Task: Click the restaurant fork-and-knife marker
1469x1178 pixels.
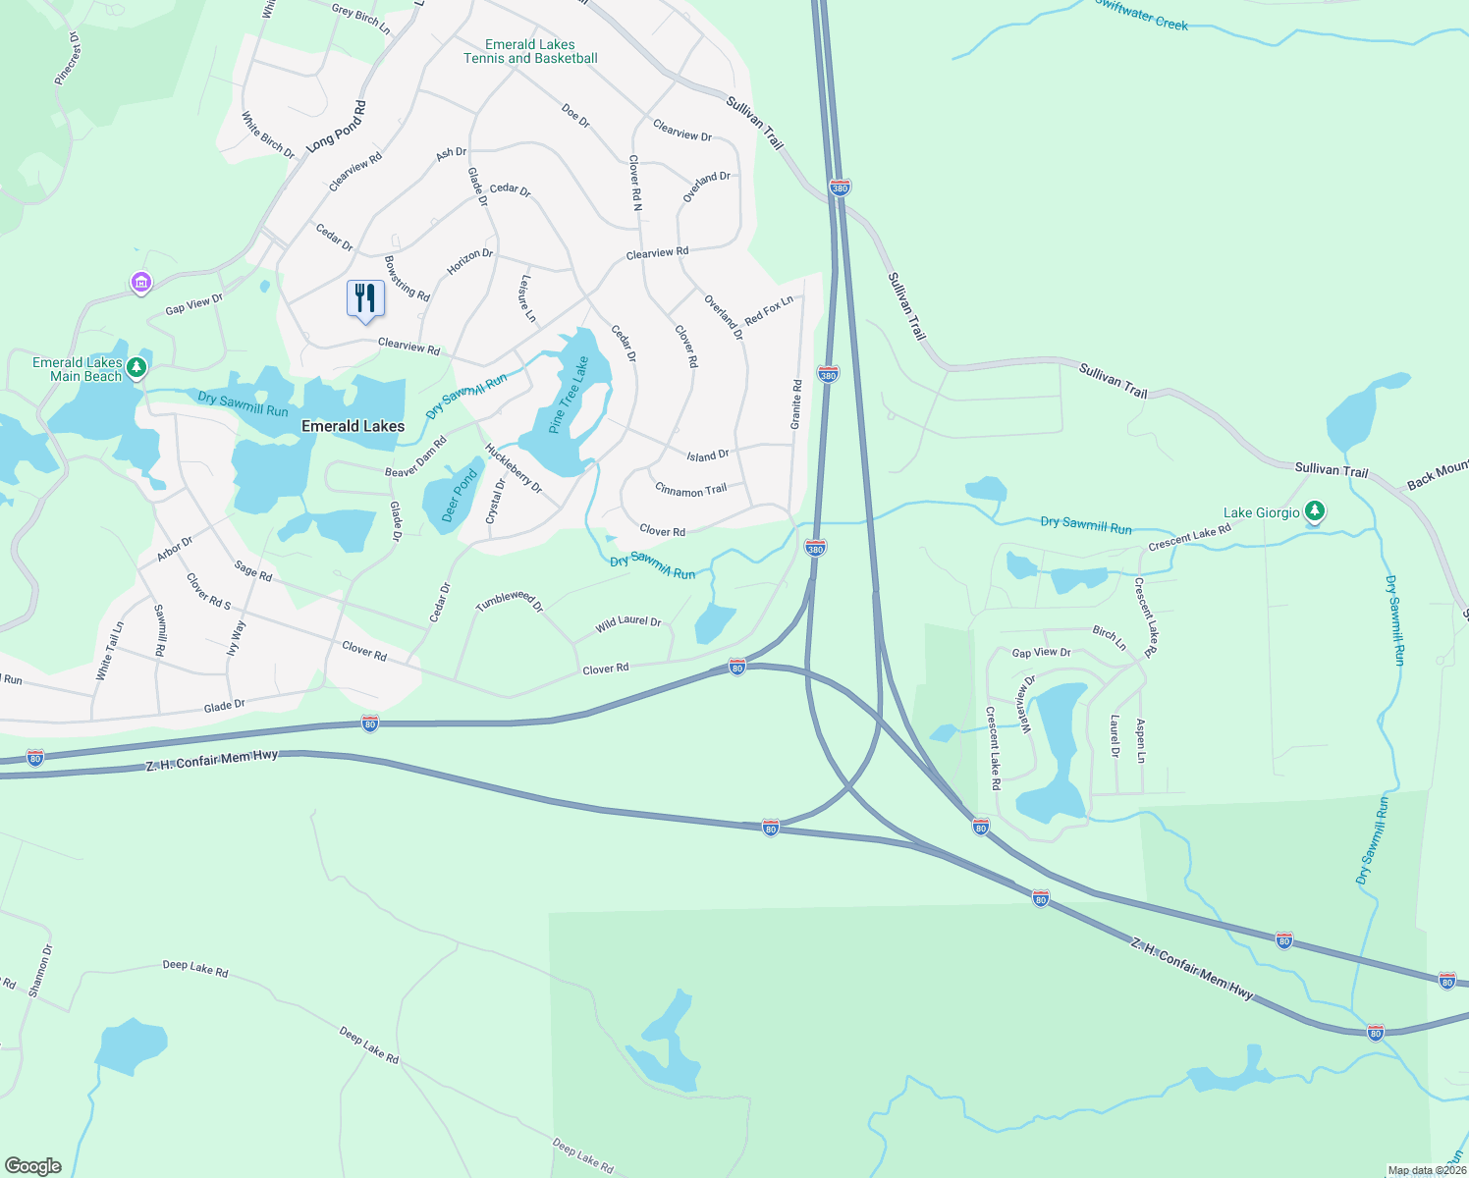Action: click(365, 298)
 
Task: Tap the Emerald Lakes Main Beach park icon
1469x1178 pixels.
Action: click(137, 367)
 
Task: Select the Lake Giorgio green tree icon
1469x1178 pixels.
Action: click(1315, 511)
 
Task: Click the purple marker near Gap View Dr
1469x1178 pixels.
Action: click(141, 284)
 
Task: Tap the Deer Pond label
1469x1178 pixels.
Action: click(459, 495)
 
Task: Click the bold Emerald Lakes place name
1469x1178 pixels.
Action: click(353, 426)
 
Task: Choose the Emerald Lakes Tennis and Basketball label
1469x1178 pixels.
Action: click(530, 51)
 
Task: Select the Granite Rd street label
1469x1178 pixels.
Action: click(796, 404)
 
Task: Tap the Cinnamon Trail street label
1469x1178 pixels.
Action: click(690, 490)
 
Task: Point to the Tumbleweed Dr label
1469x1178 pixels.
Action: click(509, 602)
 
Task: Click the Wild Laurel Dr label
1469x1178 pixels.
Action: click(628, 624)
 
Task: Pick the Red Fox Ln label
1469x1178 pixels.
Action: click(769, 310)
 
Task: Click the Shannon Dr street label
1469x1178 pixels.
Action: click(40, 971)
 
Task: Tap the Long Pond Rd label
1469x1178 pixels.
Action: click(336, 127)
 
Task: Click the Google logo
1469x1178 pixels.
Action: click(33, 1166)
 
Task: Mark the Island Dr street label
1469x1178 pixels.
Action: click(707, 456)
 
